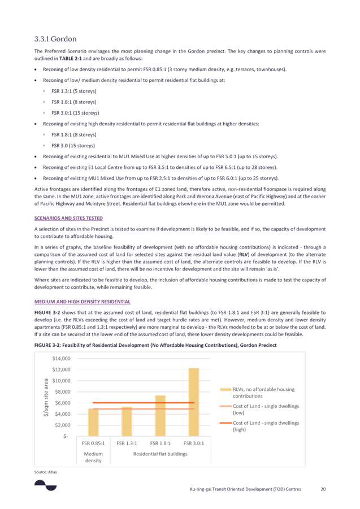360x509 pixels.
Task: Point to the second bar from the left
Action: (x=127, y=421)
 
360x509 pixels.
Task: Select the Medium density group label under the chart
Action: (x=93, y=456)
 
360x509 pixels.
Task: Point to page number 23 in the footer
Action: (x=323, y=489)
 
